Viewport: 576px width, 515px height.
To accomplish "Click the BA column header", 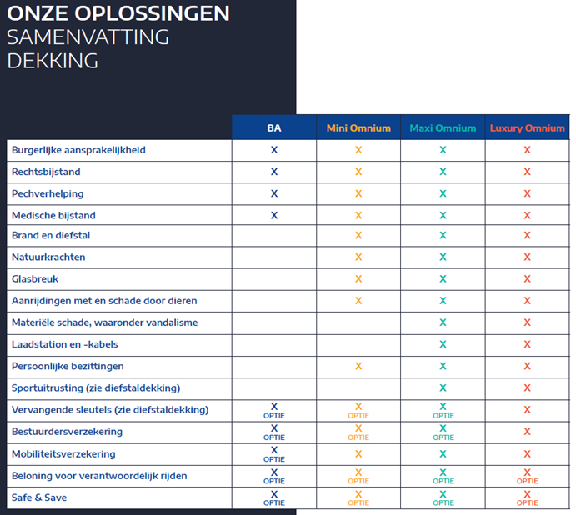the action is [x=274, y=127].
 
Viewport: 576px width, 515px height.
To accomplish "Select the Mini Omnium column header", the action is [x=358, y=127].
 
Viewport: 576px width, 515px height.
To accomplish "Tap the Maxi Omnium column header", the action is [x=443, y=127].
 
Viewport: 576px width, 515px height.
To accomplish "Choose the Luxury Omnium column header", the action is [x=527, y=128].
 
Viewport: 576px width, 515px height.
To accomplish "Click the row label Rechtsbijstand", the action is [x=46, y=172].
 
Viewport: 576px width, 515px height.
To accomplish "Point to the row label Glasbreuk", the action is [x=35, y=279].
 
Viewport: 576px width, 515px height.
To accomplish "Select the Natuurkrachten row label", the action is [x=48, y=257].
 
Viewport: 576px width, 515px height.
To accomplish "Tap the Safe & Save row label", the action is [x=39, y=497].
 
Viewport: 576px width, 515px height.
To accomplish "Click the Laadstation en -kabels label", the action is [x=65, y=344].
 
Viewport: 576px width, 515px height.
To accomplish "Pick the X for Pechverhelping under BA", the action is [x=274, y=193].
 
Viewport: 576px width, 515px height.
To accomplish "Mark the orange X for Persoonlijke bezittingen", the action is [x=358, y=366].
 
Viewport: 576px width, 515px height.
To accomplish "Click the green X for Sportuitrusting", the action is [x=443, y=387].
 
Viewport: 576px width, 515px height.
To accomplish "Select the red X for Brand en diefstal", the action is [x=527, y=235].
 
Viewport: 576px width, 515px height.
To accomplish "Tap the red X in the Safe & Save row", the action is [x=527, y=494].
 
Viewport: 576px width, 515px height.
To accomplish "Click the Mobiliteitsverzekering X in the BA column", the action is [x=274, y=450].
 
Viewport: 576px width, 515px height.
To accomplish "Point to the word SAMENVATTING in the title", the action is [x=88, y=37].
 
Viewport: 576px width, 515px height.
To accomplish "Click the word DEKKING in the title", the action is [x=53, y=61].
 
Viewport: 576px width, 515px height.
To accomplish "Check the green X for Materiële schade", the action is [x=443, y=322].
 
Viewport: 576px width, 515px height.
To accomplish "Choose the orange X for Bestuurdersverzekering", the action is [x=358, y=428].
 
